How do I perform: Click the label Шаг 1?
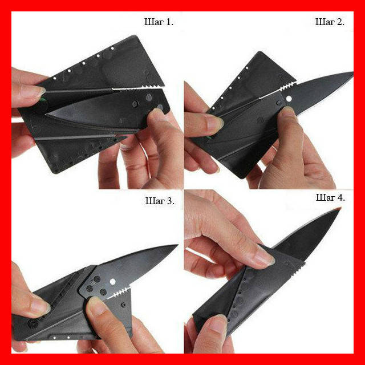(x=159, y=22)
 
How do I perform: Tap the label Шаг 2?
(x=330, y=22)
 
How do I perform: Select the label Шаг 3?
(x=160, y=201)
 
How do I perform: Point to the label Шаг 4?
(x=330, y=198)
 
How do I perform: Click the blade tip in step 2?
(x=352, y=72)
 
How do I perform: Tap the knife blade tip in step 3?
(x=177, y=245)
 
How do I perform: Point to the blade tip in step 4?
(x=339, y=209)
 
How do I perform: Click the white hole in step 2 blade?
(x=289, y=99)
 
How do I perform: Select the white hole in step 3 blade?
(x=113, y=282)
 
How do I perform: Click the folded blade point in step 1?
(x=47, y=114)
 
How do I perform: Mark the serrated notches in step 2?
(x=287, y=87)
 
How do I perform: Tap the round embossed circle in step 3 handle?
(x=33, y=323)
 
